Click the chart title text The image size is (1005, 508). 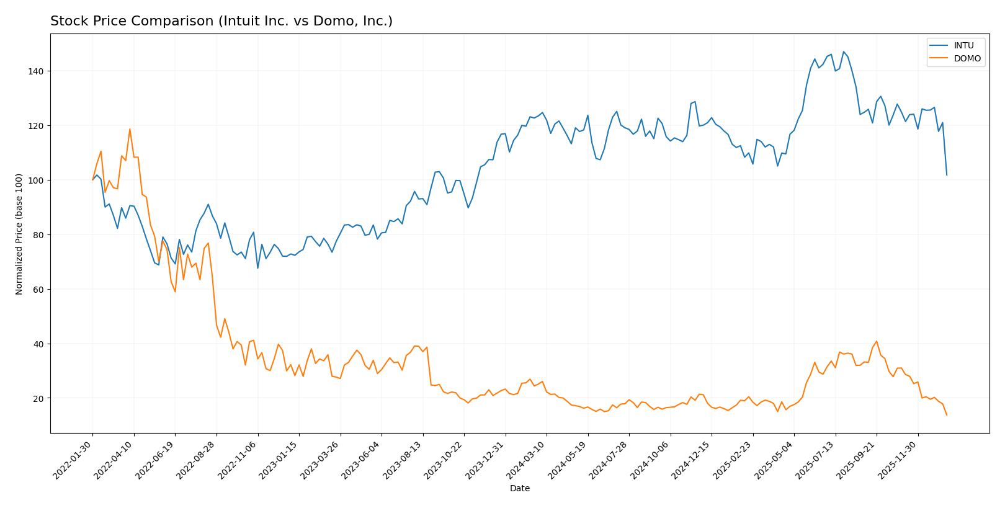point(221,22)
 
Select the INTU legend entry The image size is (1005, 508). point(963,45)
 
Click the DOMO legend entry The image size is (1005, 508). point(967,59)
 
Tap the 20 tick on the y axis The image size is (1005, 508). point(37,398)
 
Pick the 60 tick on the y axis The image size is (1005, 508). point(37,290)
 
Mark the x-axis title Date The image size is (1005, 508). point(519,489)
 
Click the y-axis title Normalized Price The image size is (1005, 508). point(19,234)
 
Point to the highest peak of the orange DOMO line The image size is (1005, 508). point(130,129)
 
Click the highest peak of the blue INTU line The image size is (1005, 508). point(843,51)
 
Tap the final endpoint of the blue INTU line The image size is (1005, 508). point(947,175)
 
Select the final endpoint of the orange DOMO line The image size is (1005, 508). point(947,415)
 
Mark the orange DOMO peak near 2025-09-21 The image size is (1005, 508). point(876,341)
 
